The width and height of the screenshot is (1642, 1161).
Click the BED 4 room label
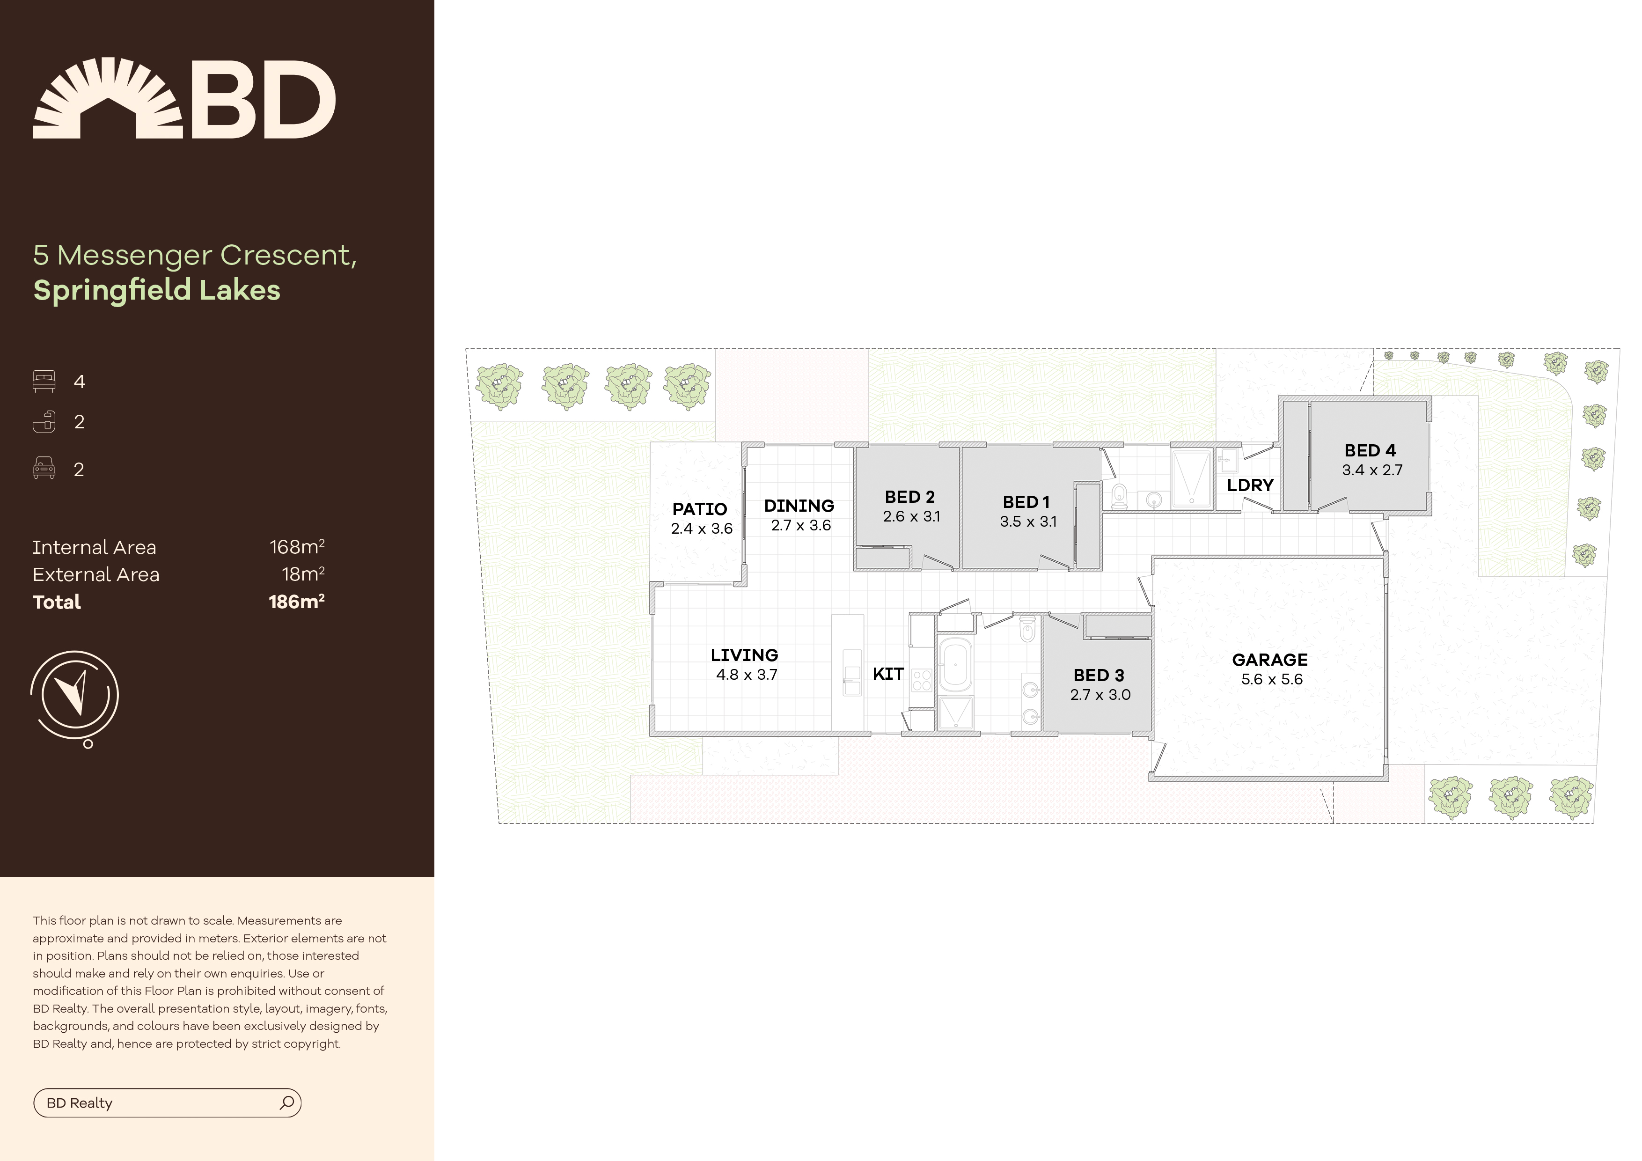tap(1370, 451)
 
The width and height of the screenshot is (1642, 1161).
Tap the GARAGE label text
tap(1269, 660)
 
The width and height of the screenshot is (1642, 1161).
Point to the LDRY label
tap(1250, 485)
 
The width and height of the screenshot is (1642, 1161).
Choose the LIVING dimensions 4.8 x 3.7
tap(746, 675)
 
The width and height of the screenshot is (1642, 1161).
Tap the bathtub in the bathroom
tap(955, 665)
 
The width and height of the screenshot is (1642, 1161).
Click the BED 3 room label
tap(1099, 675)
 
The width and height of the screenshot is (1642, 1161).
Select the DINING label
tap(799, 506)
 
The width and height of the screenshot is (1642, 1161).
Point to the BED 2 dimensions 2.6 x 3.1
tap(911, 516)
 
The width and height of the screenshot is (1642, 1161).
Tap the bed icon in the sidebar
tap(44, 381)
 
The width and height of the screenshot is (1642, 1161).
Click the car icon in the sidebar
tap(44, 469)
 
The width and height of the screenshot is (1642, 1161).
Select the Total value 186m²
tap(296, 602)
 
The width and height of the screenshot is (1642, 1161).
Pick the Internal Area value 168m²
tap(297, 547)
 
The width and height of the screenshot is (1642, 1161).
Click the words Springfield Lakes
tap(157, 290)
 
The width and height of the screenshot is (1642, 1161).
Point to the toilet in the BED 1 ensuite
tap(1119, 494)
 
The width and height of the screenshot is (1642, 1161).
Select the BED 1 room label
tap(1026, 502)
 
